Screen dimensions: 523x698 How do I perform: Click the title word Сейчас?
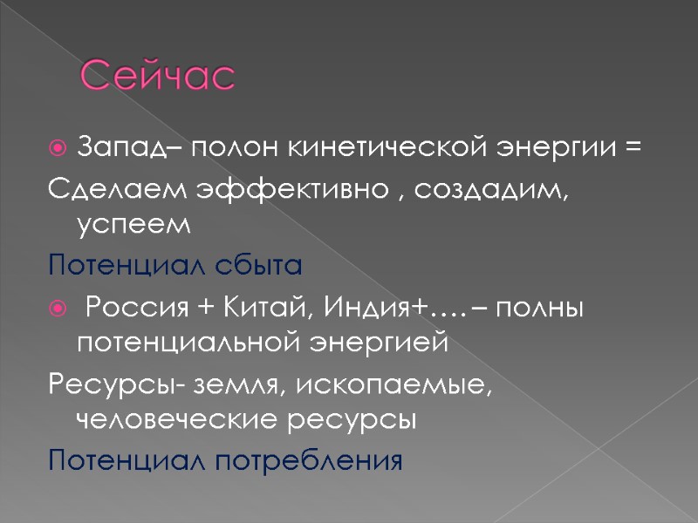[158, 78]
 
